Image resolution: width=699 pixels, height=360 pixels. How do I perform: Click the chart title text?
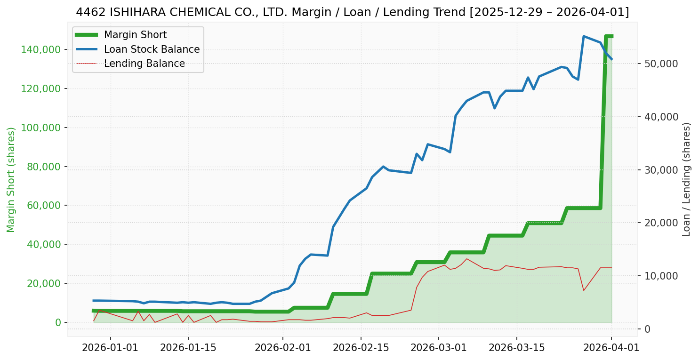352,12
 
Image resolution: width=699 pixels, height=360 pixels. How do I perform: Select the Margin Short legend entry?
135,35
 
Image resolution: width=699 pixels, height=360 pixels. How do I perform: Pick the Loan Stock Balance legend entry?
152,49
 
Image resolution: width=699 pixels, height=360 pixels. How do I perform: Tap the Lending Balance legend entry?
144,64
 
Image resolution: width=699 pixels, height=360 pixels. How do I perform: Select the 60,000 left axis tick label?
44,206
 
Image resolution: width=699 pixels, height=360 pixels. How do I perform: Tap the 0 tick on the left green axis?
58,322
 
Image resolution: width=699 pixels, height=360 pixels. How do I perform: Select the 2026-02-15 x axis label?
361,348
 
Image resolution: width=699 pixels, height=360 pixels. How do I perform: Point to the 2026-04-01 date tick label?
611,348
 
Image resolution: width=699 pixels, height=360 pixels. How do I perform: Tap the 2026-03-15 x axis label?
517,348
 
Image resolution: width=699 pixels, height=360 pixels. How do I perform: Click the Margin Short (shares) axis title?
11,179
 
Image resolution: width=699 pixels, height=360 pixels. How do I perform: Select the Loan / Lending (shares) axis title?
686,179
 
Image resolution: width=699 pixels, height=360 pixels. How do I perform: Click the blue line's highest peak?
584,36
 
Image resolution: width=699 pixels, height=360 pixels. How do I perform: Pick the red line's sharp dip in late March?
584,290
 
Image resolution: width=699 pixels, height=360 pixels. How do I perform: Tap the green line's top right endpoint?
611,36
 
